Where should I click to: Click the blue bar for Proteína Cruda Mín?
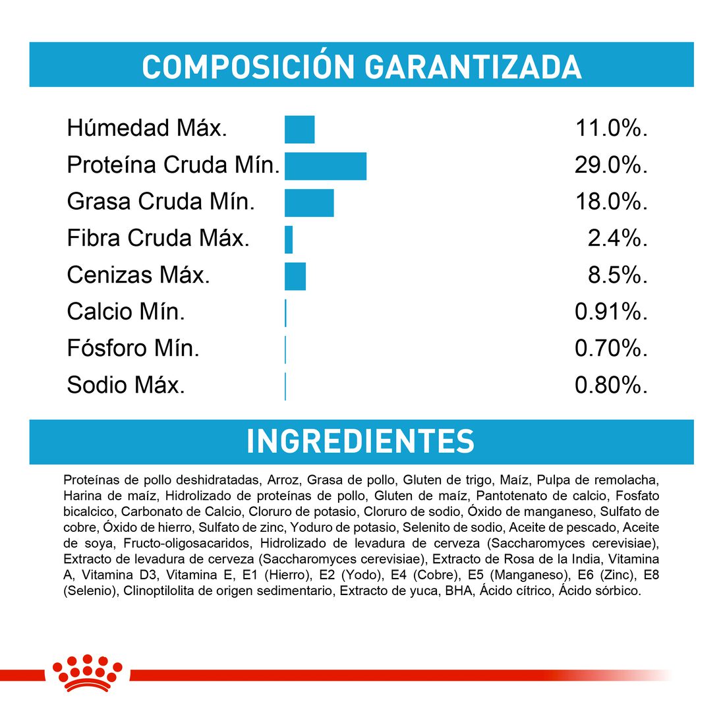(325, 165)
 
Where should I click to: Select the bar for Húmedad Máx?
(299, 129)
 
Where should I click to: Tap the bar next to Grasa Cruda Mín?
(309, 202)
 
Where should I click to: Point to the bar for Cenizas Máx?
(295, 276)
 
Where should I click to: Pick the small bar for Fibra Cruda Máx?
(289, 239)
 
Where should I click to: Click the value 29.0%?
(610, 165)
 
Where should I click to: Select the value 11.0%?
(611, 129)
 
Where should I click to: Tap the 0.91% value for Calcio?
(611, 312)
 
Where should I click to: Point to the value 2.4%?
(618, 239)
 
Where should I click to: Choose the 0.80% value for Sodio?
(611, 386)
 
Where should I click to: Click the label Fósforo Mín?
(133, 348)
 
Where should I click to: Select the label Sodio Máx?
(126, 385)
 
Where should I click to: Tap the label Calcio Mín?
(126, 312)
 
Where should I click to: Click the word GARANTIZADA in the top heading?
(473, 67)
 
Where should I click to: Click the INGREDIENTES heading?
(360, 442)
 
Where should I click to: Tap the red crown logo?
(88, 673)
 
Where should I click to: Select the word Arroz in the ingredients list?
(285, 480)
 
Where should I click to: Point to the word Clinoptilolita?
(158, 591)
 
